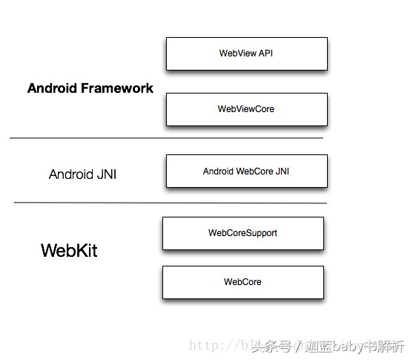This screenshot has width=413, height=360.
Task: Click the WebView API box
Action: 246,53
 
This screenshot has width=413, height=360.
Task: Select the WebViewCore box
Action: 246,109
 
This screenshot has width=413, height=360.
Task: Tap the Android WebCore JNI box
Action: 246,171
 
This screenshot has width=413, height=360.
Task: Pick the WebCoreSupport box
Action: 242,233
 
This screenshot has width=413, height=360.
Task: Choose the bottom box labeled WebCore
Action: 242,282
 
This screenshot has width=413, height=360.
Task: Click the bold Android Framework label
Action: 90,88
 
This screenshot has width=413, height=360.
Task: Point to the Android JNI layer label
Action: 82,175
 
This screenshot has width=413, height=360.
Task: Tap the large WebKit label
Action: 69,250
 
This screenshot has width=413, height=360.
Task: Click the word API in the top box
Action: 265,53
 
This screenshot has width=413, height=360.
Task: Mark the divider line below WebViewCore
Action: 167,138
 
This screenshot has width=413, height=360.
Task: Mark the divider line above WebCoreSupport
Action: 171,203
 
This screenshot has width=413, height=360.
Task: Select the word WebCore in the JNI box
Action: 255,171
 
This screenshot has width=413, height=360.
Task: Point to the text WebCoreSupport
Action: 242,233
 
